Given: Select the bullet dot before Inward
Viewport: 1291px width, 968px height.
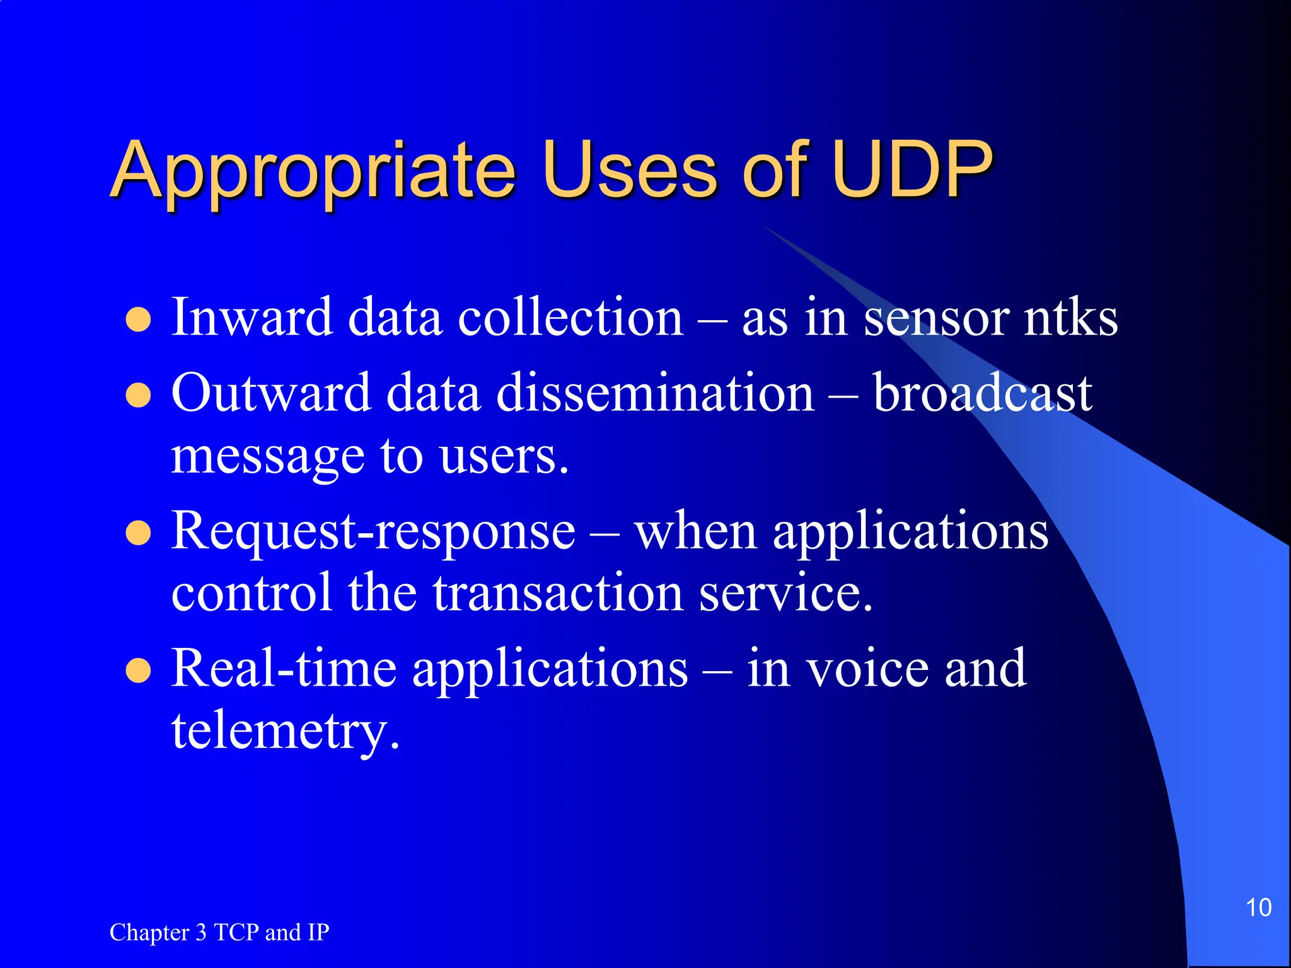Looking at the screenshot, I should coord(138,320).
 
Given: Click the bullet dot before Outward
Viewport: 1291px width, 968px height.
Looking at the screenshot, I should coord(138,396).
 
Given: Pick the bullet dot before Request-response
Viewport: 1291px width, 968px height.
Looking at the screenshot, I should coord(138,534).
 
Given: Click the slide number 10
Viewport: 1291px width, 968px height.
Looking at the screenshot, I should coord(1258,907).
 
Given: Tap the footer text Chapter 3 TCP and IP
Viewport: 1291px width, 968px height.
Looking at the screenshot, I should coord(219,932).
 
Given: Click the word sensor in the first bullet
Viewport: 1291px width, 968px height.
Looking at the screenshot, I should coord(935,318).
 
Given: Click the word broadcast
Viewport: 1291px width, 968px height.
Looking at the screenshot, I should coord(982,393).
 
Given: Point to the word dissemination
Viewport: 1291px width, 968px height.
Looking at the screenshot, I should coord(656,393).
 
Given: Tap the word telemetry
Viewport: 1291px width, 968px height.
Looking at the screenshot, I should coord(285,731).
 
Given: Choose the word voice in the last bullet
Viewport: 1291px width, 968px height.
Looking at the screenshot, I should coord(867,668).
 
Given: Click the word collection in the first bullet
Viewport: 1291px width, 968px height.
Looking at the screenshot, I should coord(570,318).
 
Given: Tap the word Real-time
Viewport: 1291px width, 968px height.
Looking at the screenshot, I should coord(284,668).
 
